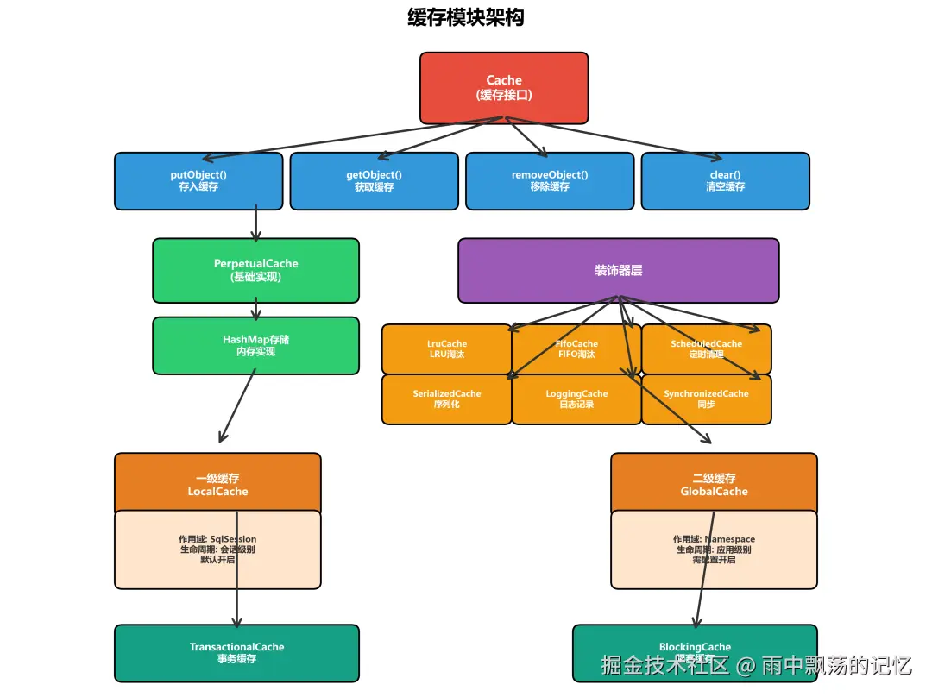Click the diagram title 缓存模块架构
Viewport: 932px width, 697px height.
465,17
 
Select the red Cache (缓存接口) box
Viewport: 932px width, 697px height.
504,87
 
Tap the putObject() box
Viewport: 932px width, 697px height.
198,180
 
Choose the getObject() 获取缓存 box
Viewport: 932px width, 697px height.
374,180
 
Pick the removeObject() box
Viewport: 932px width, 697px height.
550,180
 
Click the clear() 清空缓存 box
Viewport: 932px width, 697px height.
725,180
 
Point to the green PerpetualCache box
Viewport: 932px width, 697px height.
255,270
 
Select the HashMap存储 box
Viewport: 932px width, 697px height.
255,345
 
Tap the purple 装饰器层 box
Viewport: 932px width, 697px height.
618,270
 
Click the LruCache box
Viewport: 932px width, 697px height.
446,348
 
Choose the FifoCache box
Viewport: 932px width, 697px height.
576,348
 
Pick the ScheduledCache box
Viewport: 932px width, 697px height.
706,348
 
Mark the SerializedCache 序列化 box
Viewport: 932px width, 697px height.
446,399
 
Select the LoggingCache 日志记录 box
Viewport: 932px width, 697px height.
576,399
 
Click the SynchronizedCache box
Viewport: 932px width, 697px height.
706,399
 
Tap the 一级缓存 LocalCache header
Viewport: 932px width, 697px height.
217,484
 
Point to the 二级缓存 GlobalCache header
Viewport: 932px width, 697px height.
714,484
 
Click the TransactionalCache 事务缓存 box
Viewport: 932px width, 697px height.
236,653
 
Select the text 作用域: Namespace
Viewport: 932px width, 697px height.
714,539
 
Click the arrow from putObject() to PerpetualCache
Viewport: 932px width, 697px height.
255,223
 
